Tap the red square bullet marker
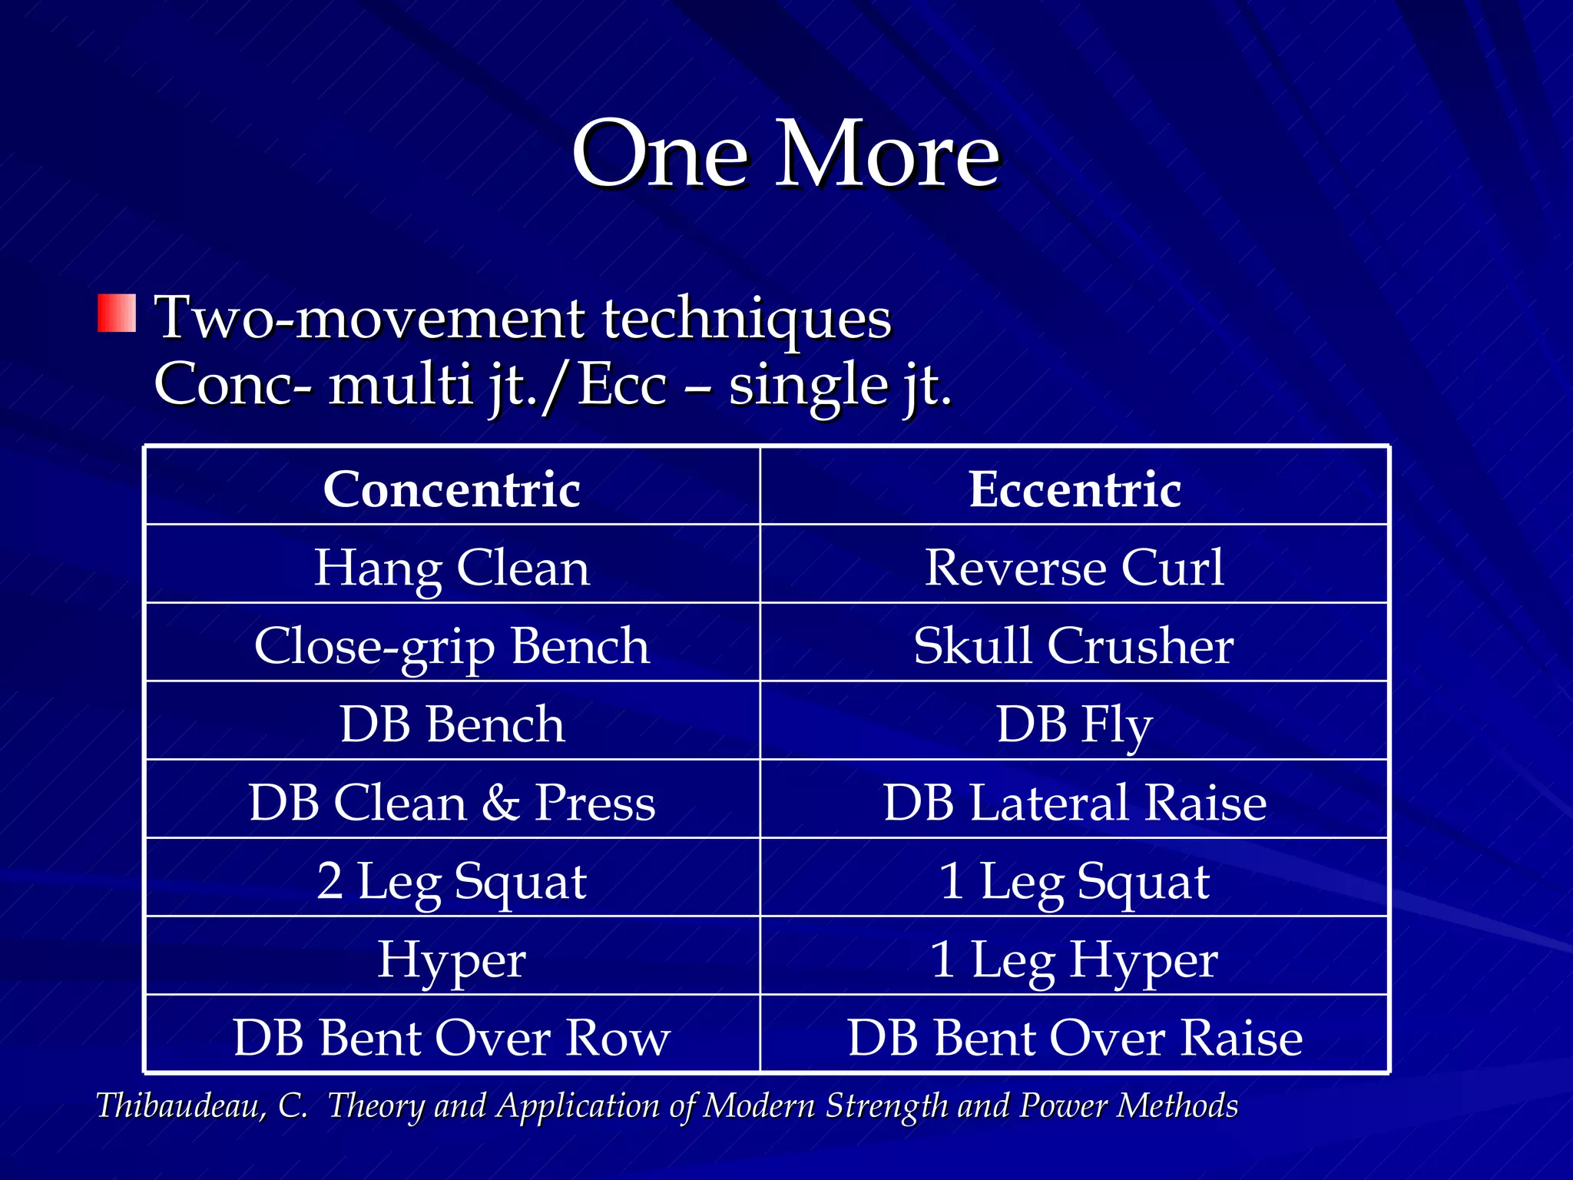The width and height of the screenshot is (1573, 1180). point(117,313)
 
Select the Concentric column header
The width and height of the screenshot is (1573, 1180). point(452,489)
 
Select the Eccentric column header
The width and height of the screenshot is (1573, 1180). point(1075,489)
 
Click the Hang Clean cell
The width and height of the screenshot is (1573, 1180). point(452,568)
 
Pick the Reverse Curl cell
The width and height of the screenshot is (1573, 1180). point(1075,568)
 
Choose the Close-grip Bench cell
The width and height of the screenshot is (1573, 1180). point(452,646)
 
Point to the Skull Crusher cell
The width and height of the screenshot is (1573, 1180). point(1075,646)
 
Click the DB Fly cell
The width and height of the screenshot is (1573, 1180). point(1075,724)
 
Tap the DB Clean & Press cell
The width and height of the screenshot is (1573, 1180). point(452,803)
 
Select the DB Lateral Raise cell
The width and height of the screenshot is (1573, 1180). point(1075,803)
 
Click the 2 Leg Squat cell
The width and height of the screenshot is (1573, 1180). point(452,881)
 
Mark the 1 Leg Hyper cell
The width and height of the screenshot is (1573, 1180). point(1075,960)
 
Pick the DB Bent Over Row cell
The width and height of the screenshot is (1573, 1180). point(452,1038)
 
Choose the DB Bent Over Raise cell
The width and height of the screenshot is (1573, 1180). point(1075,1038)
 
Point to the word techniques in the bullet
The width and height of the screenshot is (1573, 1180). point(747,318)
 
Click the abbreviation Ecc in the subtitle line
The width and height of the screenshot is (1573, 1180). point(622,385)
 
